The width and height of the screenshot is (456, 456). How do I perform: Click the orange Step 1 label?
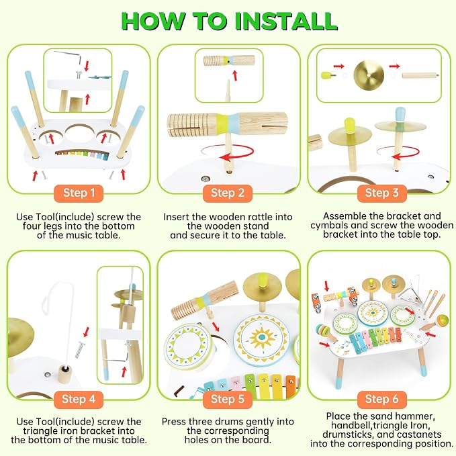pyautogui.click(x=79, y=193)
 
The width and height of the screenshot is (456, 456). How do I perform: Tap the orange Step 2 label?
pyautogui.click(x=228, y=193)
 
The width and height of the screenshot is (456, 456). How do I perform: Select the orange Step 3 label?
pyautogui.click(x=381, y=193)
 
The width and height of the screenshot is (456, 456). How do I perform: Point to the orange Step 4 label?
pyautogui.click(x=79, y=400)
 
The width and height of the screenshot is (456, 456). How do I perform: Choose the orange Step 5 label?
pyautogui.click(x=228, y=400)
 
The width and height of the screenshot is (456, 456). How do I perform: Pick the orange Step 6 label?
pyautogui.click(x=381, y=400)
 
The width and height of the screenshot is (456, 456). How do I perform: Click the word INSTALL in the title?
pyautogui.click(x=286, y=21)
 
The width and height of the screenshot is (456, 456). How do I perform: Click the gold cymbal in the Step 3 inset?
pyautogui.click(x=369, y=75)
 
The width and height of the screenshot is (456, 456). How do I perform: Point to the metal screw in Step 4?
pyautogui.click(x=80, y=350)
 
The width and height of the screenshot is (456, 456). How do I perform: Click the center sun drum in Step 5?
pyautogui.click(x=262, y=338)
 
